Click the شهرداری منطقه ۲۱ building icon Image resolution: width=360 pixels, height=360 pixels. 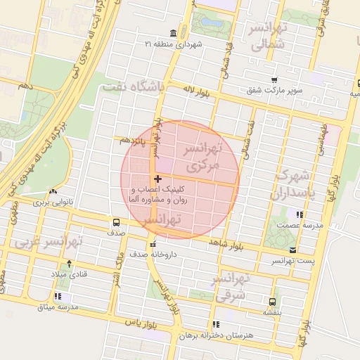coord(174,33)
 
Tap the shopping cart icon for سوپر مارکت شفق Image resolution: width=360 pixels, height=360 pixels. coord(274,79)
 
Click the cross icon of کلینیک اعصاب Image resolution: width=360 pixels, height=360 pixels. coord(157,179)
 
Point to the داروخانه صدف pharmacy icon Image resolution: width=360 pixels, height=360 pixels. coord(153,244)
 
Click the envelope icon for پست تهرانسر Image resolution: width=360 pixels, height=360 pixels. coord(292,250)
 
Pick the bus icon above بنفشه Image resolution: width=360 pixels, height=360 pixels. coord(271,301)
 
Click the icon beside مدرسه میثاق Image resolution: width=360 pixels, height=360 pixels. coord(57,297)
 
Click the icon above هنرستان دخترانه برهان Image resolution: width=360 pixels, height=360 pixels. coord(215,324)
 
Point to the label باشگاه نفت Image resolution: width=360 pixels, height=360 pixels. coord(132,87)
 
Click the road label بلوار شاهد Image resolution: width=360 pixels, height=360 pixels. coord(223,243)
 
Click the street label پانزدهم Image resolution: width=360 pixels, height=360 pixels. coord(132,140)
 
